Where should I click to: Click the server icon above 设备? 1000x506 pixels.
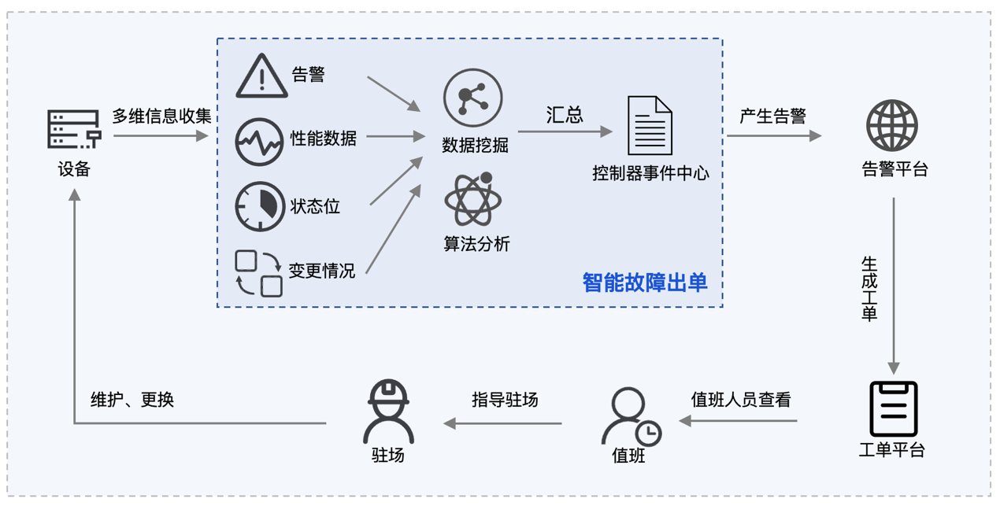(x=74, y=129)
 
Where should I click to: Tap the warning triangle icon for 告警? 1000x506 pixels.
(x=261, y=76)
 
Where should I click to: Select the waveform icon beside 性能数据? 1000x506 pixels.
(x=259, y=142)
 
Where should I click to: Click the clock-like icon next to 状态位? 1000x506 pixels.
(x=260, y=206)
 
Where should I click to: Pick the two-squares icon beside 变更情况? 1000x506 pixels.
(x=259, y=272)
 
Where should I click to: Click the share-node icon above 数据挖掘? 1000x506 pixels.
(x=472, y=98)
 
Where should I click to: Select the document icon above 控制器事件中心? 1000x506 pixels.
(x=650, y=125)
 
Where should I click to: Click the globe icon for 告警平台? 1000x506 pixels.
(x=892, y=125)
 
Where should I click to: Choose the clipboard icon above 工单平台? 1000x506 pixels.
(x=893, y=408)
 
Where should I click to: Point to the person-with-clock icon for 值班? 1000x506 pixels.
(x=630, y=416)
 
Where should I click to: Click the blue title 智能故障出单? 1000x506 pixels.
(x=645, y=283)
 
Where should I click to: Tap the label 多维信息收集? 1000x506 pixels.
(x=161, y=116)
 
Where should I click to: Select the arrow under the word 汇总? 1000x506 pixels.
(x=565, y=131)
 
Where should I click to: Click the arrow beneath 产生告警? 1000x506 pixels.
(x=773, y=136)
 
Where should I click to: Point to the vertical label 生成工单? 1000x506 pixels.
(x=869, y=288)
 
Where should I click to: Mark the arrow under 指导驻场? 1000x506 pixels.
(x=503, y=423)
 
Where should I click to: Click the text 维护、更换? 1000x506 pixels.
(x=132, y=400)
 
